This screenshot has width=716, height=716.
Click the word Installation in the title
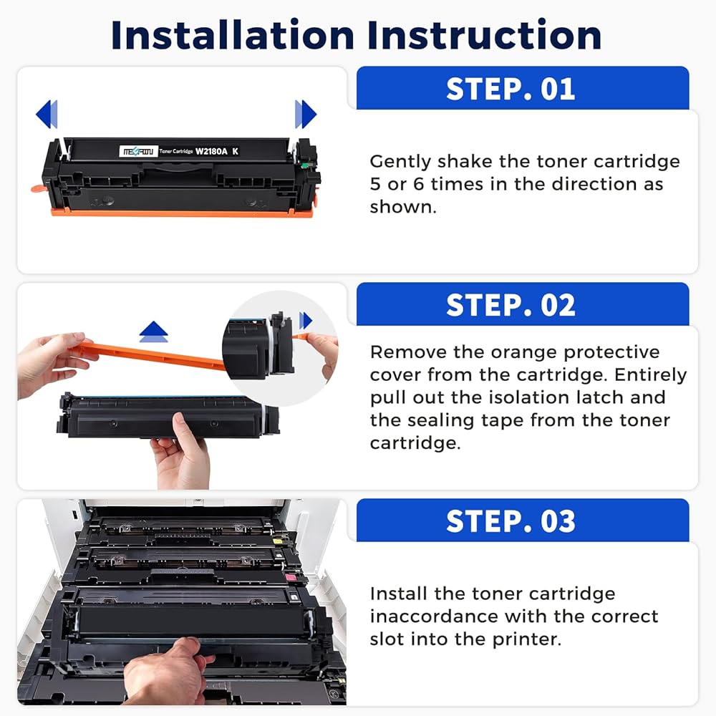point(233,34)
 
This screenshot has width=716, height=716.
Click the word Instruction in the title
point(485,34)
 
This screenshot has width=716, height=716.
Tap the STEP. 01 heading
point(511,89)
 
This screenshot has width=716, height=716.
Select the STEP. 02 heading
point(511,305)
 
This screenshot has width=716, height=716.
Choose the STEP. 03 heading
point(511,521)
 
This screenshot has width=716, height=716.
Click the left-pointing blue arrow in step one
point(47,114)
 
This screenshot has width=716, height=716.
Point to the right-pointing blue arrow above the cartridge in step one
point(306,114)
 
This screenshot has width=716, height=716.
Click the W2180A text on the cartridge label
point(211,151)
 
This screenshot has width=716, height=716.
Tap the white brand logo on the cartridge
point(138,151)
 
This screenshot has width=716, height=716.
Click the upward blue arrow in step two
point(154,332)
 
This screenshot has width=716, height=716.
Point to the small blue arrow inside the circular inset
point(306,321)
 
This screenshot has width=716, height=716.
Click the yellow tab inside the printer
point(277,541)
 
